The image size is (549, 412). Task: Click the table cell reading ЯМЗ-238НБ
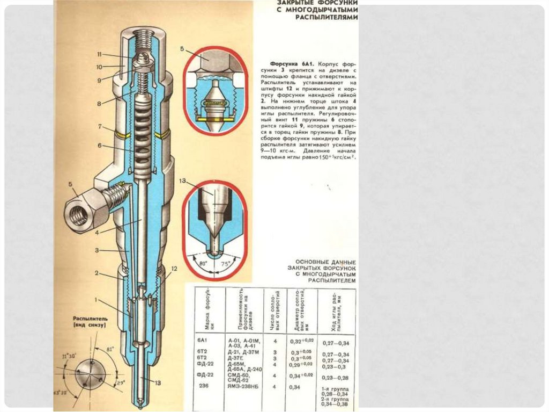(243, 386)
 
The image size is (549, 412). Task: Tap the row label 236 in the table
(204, 386)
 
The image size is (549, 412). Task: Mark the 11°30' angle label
(70, 356)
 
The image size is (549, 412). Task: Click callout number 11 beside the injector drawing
(100, 54)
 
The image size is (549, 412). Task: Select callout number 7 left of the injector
(100, 126)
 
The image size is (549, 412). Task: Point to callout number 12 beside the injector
(174, 268)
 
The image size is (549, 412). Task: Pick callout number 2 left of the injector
(97, 273)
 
